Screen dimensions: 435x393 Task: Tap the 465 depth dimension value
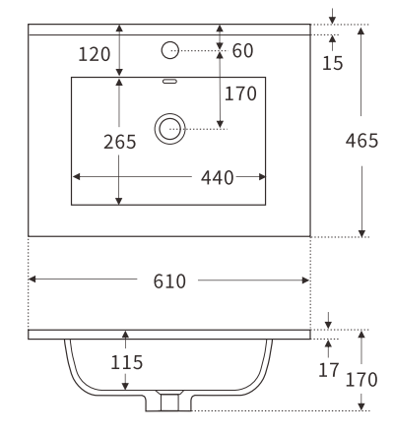point(363,140)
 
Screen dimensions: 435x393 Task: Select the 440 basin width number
point(217,178)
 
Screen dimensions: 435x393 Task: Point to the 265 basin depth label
point(120,142)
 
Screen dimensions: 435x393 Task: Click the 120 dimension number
point(94,55)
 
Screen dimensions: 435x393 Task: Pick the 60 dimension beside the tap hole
point(242,50)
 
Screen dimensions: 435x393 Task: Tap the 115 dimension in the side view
point(126,362)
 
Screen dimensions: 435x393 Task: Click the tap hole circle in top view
point(169,49)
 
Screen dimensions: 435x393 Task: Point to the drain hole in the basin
point(169,126)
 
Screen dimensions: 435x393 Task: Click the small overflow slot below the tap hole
point(169,82)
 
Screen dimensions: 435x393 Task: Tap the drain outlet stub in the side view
point(169,402)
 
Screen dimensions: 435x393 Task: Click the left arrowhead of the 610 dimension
point(33,280)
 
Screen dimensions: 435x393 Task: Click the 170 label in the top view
point(240,94)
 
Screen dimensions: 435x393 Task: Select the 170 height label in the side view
point(363,378)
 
